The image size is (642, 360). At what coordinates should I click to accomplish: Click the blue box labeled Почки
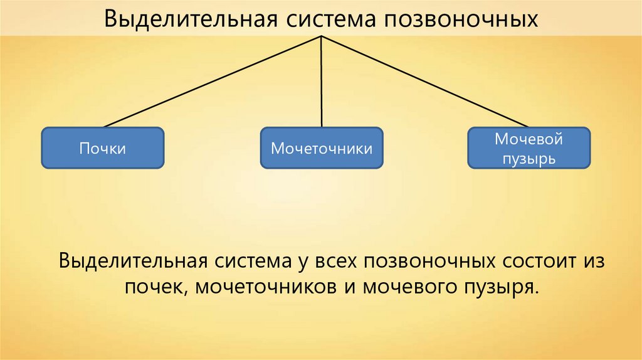coord(103,148)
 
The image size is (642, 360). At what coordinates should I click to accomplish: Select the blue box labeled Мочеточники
coord(322,149)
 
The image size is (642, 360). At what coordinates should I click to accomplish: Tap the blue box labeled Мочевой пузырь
coord(529,148)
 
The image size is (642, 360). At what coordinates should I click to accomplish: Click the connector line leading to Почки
coord(213,81)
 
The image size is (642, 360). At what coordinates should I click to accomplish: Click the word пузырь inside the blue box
coord(529,158)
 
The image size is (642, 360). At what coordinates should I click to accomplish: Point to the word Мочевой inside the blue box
coord(529,139)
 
